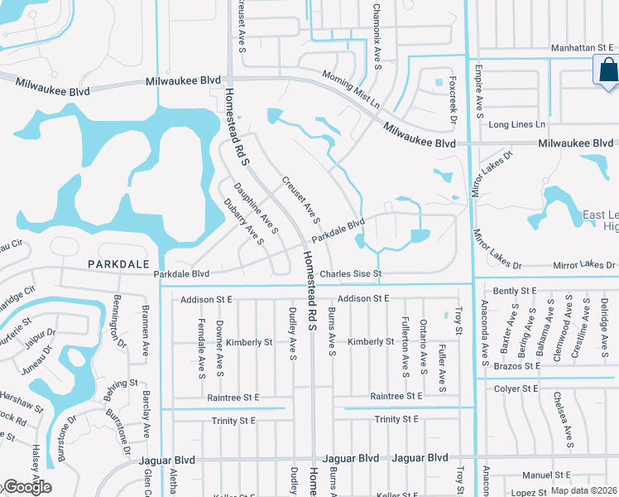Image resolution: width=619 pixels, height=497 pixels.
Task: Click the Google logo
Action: (26, 487)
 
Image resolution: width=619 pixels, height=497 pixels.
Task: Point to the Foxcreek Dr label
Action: (453, 103)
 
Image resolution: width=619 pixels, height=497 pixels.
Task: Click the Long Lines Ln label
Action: (517, 124)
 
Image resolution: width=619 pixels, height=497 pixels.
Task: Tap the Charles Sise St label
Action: (350, 273)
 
